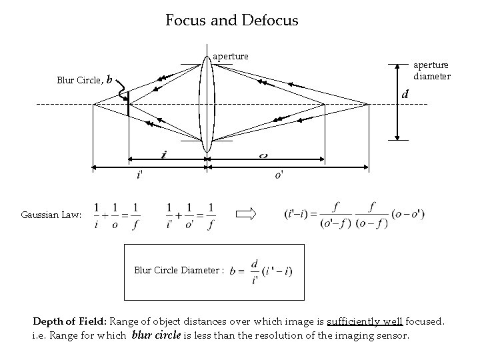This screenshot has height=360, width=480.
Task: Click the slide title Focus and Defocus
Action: point(232,21)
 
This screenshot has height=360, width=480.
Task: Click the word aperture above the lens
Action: point(230,57)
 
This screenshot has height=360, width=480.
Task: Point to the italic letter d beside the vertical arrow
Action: point(404,96)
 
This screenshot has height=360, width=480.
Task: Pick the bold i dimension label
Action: point(164,155)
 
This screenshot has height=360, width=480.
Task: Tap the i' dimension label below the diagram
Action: point(139,175)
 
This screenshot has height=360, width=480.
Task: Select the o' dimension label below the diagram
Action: point(278,175)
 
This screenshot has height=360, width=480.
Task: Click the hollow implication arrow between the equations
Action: point(247,214)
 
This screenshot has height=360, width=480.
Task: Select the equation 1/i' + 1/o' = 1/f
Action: point(191,215)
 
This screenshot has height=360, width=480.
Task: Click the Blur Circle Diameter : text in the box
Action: point(179,271)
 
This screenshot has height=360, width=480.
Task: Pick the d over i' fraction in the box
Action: point(254,271)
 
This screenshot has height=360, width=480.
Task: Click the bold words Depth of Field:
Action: point(68,321)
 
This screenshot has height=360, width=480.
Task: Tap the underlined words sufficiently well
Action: point(364,321)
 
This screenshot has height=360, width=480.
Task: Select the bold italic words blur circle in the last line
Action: point(157,335)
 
